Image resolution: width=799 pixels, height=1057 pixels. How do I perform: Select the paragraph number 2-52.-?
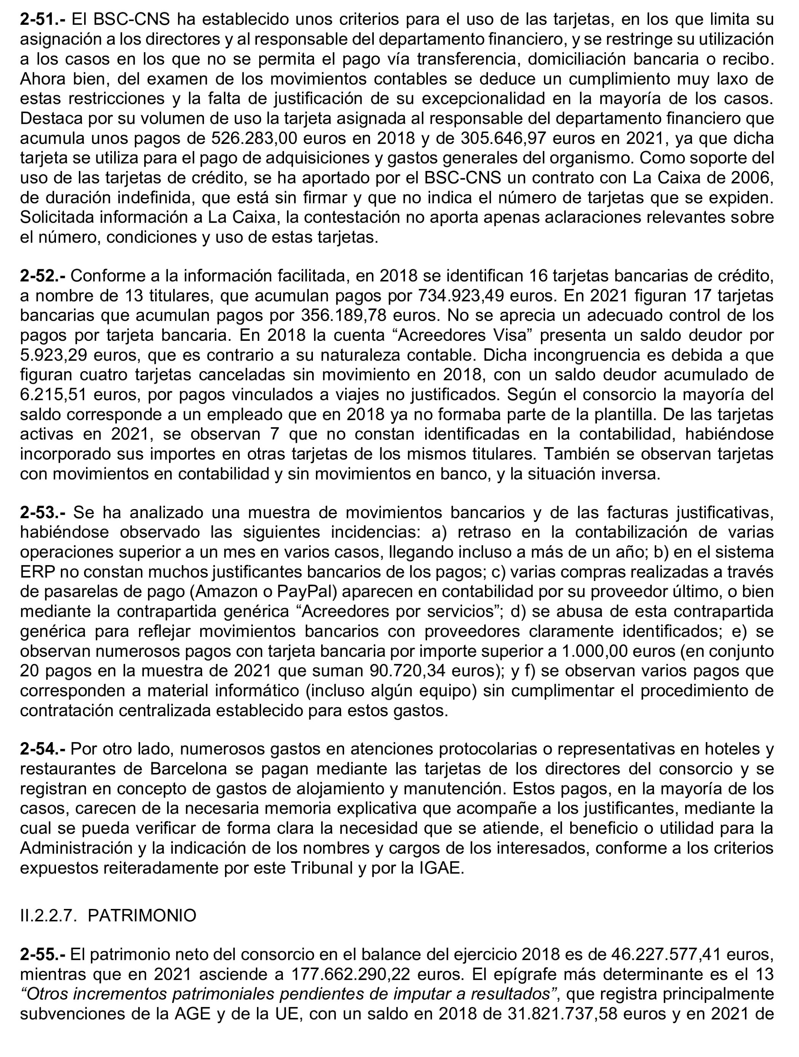click(44, 276)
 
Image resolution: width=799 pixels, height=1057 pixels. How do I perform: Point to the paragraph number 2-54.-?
click(44, 749)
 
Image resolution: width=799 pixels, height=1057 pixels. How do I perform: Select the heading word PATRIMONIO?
click(142, 915)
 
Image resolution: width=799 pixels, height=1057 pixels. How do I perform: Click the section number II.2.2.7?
click(49, 915)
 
